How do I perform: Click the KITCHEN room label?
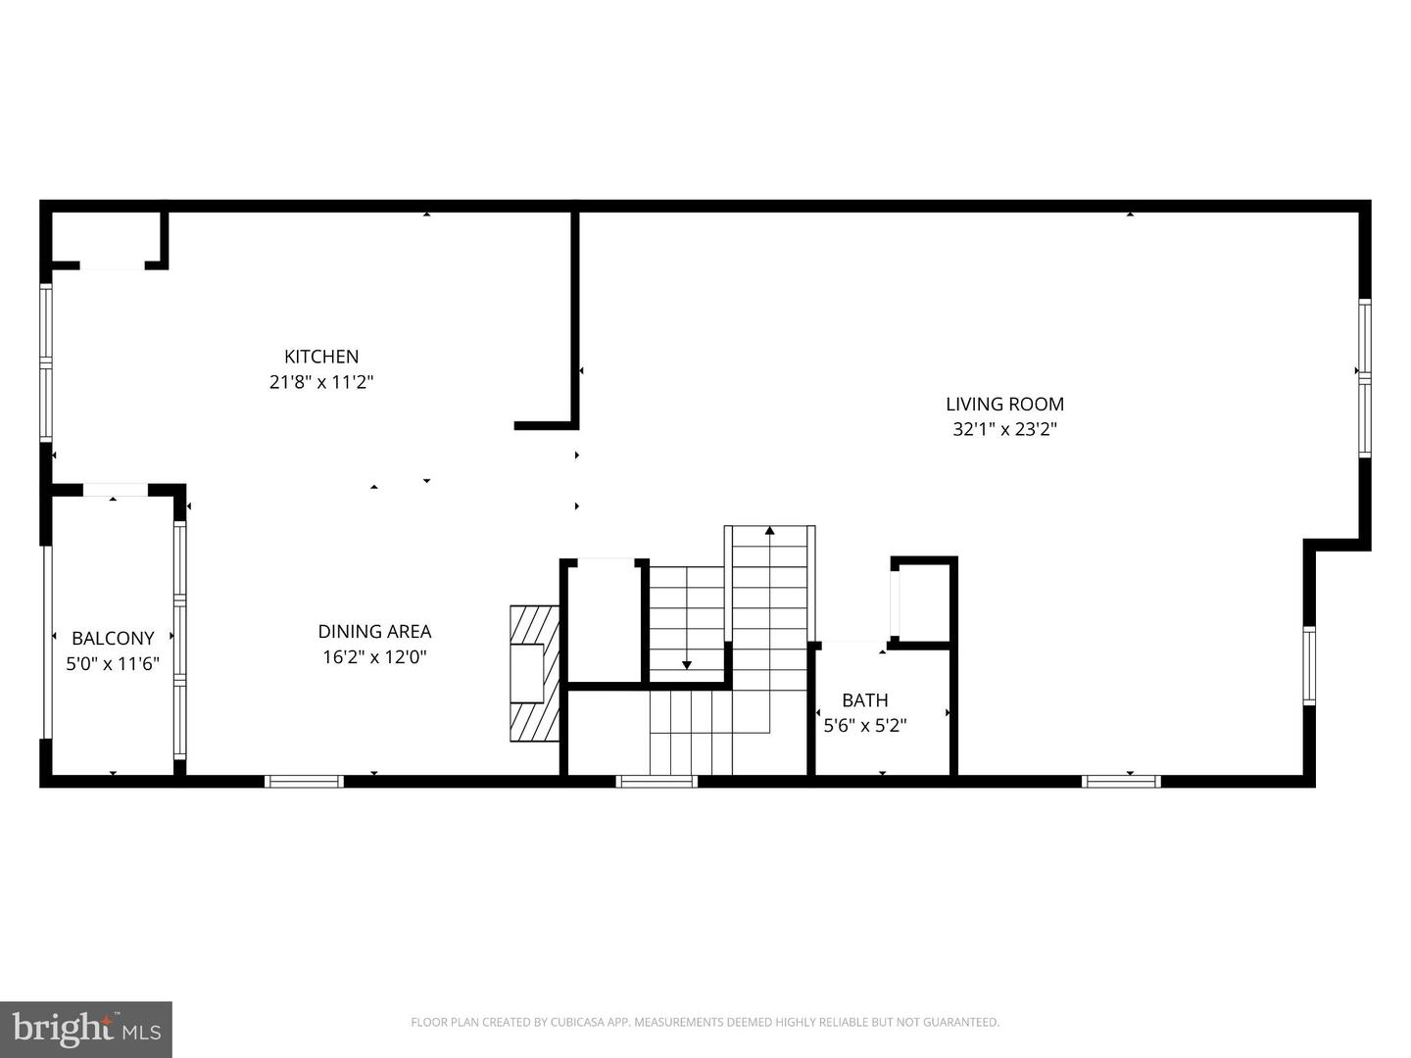321,357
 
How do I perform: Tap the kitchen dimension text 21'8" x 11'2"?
321,382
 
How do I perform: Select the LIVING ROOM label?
1004,404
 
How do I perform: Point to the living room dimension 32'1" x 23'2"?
1004,429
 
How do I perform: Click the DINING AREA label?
374,632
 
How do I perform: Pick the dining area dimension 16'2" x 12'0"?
374,657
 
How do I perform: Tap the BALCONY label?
113,638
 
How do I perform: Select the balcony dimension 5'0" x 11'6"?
113,664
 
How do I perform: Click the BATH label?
865,699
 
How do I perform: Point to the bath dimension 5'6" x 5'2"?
865,726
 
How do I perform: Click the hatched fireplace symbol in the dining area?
534,673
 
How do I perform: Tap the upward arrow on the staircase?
770,531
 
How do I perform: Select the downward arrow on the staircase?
687,665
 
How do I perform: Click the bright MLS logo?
86,1029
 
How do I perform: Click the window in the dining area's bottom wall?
304,781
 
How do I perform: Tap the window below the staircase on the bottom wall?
657,781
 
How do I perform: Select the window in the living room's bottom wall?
1121,781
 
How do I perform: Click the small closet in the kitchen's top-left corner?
106,237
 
